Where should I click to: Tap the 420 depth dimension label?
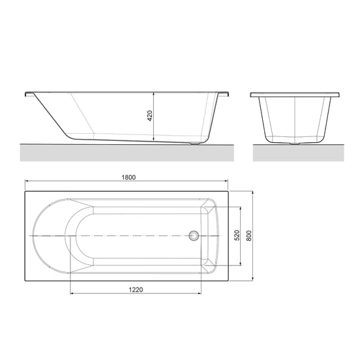(149, 117)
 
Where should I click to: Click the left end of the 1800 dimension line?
(25, 181)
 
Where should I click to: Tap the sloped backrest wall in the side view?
(52, 116)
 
